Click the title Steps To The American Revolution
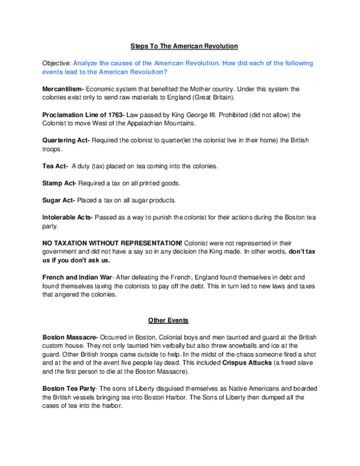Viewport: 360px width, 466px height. [185, 46]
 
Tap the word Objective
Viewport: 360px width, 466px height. [56, 63]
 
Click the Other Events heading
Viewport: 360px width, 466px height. [168, 320]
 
